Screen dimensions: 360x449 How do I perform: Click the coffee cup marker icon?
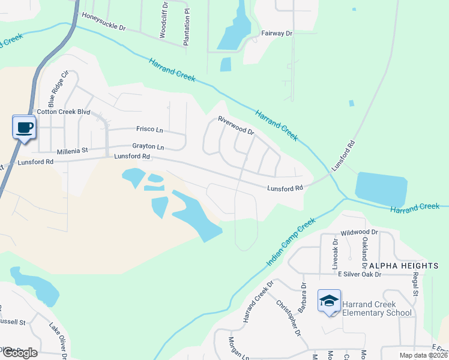click(x=24, y=127)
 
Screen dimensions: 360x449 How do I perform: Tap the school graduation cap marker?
click(x=329, y=301)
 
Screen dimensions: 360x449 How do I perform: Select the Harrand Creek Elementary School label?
click(x=377, y=308)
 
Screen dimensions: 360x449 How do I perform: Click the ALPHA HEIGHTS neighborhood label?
click(x=404, y=265)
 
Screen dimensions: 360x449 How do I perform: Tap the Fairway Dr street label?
click(x=276, y=34)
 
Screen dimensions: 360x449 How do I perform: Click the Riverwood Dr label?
click(x=236, y=125)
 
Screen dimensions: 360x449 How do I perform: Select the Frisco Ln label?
click(x=149, y=129)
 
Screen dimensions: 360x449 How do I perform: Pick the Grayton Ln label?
click(x=148, y=146)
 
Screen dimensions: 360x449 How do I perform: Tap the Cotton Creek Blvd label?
click(x=63, y=112)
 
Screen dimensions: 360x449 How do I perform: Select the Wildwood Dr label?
click(x=359, y=232)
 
